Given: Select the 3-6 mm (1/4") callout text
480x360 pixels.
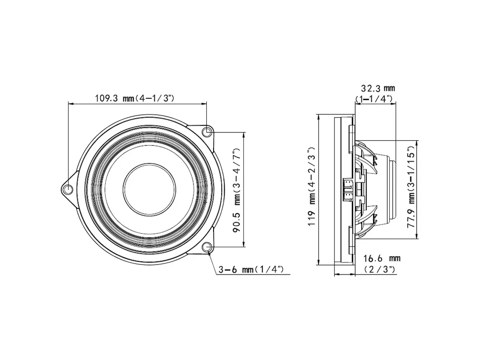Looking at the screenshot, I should click(254, 270).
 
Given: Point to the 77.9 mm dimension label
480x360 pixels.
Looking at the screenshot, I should click(411, 189).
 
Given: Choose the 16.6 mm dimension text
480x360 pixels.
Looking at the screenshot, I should click(381, 259).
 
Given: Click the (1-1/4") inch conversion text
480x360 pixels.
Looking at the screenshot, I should click(375, 99).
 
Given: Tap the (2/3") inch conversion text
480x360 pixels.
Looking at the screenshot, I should click(380, 269).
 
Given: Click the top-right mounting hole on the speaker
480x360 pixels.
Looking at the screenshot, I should click(207, 132).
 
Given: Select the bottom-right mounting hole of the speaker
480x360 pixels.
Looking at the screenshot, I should click(207, 247).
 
